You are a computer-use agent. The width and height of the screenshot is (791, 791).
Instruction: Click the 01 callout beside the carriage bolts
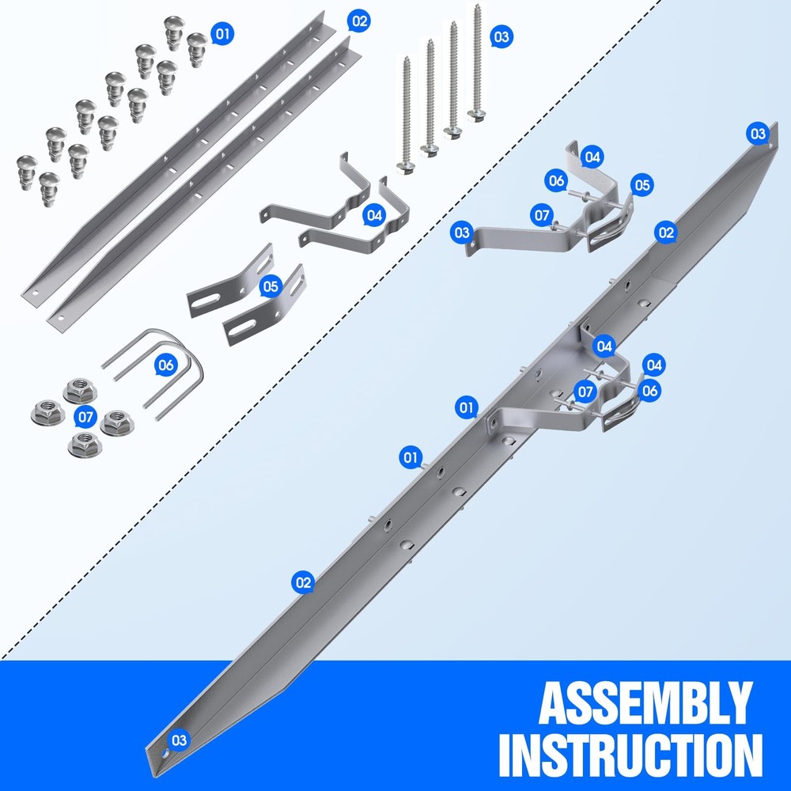222,34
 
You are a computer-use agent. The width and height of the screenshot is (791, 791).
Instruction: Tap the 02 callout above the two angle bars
358,21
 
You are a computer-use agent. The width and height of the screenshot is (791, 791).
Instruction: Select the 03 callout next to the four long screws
501,36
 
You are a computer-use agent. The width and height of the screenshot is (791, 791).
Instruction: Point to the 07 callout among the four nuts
85,417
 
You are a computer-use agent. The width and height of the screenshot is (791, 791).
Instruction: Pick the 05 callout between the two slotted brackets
271,286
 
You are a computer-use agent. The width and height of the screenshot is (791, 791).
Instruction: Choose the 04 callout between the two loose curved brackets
374,215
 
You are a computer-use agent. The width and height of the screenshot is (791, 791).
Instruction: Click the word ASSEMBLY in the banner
645,703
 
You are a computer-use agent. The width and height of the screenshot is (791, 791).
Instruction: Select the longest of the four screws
476,63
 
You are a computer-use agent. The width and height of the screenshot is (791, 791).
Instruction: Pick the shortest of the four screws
406,115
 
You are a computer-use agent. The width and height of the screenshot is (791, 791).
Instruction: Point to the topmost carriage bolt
174,32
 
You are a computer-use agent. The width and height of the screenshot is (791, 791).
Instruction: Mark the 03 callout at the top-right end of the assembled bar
758,134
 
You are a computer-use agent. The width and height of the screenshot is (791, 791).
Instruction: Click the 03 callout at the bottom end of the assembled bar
179,740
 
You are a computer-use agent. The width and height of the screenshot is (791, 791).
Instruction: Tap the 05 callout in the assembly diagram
642,185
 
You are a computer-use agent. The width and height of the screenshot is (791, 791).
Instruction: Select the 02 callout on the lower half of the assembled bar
303,583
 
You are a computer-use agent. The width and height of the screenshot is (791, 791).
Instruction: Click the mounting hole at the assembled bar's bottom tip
165,754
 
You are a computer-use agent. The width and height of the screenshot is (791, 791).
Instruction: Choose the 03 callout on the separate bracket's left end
462,233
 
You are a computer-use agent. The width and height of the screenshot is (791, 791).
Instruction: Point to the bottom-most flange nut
85,444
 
